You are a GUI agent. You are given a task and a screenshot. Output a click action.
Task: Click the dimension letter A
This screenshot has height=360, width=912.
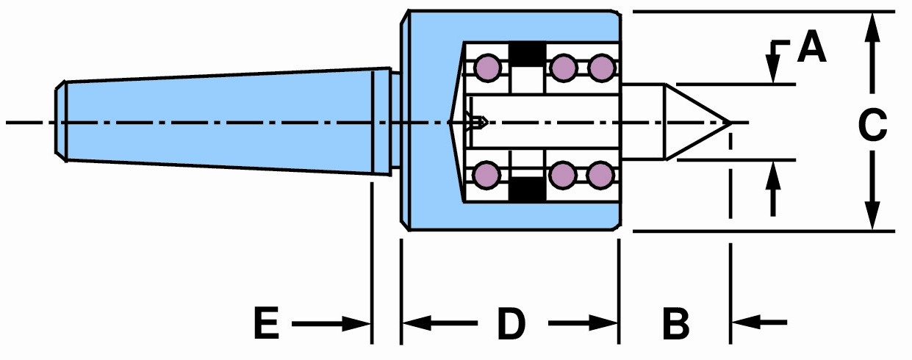coord(812,46)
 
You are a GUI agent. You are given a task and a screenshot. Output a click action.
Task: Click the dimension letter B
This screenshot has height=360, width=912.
coord(676,324)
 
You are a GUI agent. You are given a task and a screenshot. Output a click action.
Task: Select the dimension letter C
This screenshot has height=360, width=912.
coord(872,126)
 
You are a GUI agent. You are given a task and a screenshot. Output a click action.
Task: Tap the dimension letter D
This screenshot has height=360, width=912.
coord(511,324)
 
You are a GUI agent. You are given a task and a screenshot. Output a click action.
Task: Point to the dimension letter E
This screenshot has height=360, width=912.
coord(267,323)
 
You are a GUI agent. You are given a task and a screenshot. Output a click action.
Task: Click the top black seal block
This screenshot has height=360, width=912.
coord(527,54)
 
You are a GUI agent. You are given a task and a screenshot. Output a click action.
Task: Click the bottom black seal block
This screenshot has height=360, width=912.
coord(527,189)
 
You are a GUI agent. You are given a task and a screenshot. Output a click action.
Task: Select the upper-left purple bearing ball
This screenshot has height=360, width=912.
coord(488,68)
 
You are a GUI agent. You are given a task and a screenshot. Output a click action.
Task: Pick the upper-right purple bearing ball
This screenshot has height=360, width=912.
coord(601,68)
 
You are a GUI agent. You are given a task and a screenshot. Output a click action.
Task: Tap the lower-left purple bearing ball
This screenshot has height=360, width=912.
coord(487,175)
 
